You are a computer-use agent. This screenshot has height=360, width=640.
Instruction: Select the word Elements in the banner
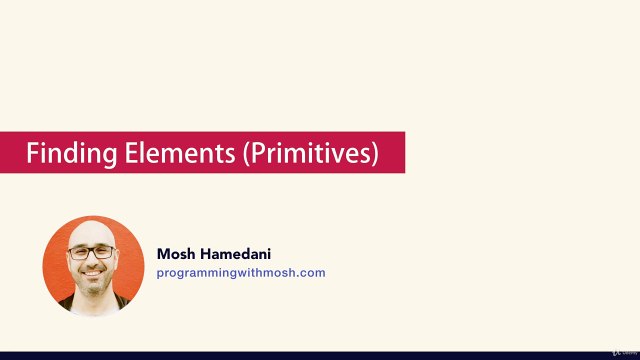(180, 153)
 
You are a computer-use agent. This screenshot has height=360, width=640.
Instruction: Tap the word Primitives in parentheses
(311, 153)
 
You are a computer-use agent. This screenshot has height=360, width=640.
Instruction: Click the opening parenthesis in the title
(246, 154)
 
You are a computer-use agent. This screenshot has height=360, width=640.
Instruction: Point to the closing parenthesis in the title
(375, 154)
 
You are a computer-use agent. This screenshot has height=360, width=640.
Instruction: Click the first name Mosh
(176, 254)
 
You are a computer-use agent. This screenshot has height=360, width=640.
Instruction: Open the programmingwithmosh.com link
(241, 273)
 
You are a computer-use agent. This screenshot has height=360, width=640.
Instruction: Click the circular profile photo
(93, 267)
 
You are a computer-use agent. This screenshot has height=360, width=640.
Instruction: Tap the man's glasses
(92, 253)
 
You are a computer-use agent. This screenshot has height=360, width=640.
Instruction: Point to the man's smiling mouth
(93, 273)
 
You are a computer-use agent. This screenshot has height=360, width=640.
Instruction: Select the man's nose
(92, 261)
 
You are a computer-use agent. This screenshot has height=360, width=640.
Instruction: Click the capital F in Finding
(33, 153)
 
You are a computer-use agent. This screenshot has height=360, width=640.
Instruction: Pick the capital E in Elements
(131, 153)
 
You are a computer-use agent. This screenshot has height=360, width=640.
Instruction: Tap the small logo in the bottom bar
(624, 352)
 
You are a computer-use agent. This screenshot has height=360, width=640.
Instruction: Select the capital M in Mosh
(163, 254)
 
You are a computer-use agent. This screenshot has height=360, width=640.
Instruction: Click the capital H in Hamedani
(204, 254)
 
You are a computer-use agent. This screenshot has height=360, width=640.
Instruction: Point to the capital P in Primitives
(256, 153)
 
